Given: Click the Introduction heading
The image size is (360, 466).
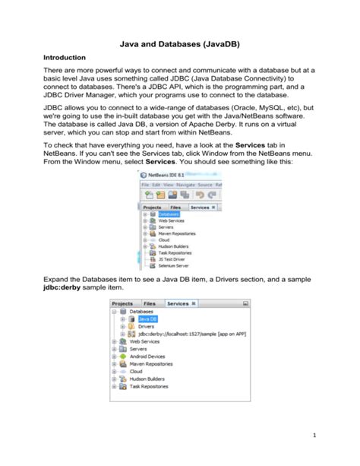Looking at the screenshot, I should tap(69, 58).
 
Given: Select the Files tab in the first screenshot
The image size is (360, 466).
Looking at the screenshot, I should tap(175, 207).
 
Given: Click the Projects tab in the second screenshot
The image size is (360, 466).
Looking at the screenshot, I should tap(123, 303).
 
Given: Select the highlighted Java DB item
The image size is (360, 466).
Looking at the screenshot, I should tap(137, 320).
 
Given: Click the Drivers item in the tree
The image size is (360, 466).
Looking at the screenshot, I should tap(136, 327).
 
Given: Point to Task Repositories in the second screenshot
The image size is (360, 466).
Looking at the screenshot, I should tap(149, 385).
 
